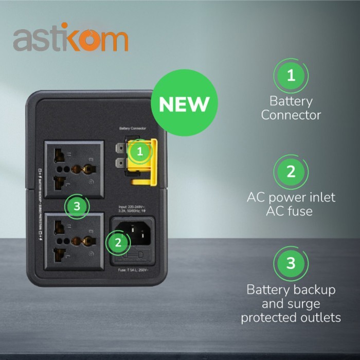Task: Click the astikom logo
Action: coord(70,40)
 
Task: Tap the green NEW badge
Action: coord(184,104)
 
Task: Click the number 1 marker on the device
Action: coord(139,151)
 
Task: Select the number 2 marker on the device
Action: coord(118,241)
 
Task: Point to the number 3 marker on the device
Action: coord(77,206)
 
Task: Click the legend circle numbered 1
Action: coord(291,76)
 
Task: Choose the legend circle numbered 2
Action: coord(291,171)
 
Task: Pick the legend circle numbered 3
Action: coord(291,263)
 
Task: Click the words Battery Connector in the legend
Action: coord(291,108)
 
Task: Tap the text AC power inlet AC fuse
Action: coord(291,204)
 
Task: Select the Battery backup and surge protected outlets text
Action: coord(291,303)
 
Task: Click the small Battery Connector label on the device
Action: coord(132,128)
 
